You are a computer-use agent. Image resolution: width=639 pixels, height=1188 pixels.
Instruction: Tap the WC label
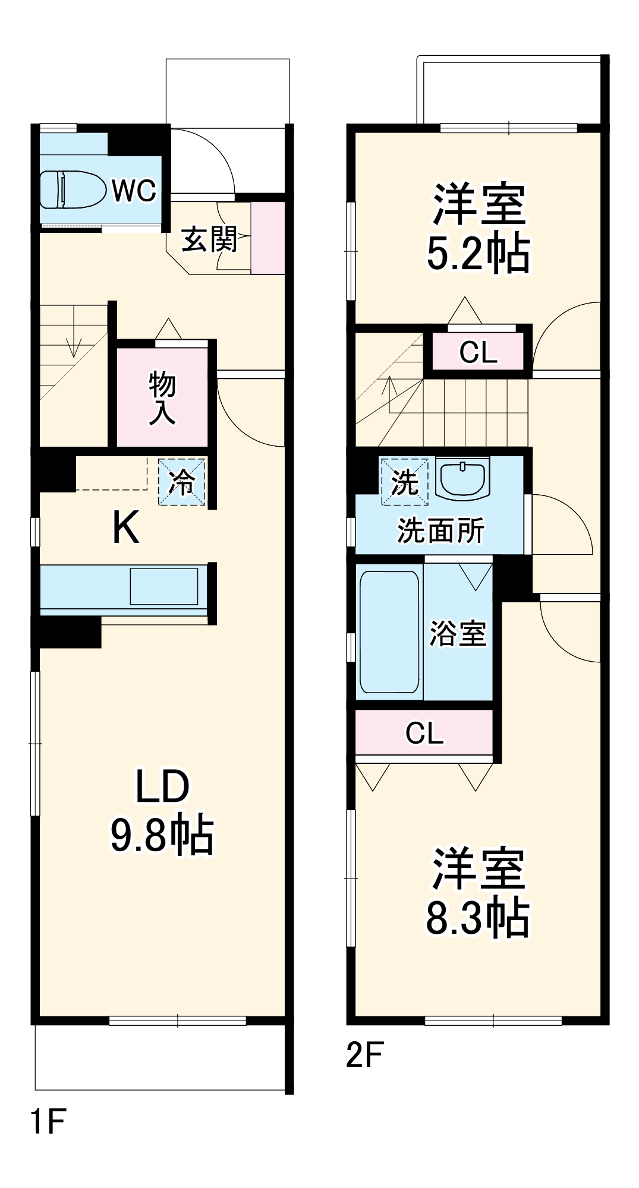(x=134, y=190)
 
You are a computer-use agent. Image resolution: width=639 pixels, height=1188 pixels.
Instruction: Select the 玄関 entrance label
(x=209, y=239)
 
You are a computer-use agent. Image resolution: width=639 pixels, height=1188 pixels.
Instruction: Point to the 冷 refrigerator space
(x=182, y=482)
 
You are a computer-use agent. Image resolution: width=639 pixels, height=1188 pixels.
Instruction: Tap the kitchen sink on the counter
(x=164, y=586)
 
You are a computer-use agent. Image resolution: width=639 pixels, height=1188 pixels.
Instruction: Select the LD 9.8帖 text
(x=162, y=811)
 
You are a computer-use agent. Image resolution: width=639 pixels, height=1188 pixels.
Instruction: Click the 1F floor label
(x=48, y=1121)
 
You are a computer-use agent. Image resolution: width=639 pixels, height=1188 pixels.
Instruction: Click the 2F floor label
(x=364, y=1055)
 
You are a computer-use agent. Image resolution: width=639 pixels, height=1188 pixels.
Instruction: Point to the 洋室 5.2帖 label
(x=479, y=229)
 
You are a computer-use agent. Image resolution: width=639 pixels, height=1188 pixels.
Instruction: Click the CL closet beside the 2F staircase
(x=479, y=353)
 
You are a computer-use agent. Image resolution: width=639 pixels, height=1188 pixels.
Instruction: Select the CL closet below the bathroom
(x=424, y=733)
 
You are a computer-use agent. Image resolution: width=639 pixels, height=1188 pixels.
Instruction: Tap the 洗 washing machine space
(x=404, y=481)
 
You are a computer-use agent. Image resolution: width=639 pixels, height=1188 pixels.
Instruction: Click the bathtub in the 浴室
(x=389, y=631)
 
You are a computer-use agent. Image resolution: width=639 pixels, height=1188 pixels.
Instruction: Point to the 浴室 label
(x=458, y=633)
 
